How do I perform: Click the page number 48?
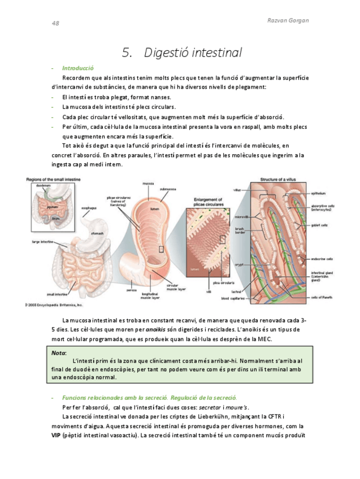point(55,24)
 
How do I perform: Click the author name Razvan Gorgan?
point(289,20)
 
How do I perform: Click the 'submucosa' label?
point(168,189)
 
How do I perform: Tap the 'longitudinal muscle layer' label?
point(149,295)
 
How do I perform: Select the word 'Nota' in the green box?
point(58,352)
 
